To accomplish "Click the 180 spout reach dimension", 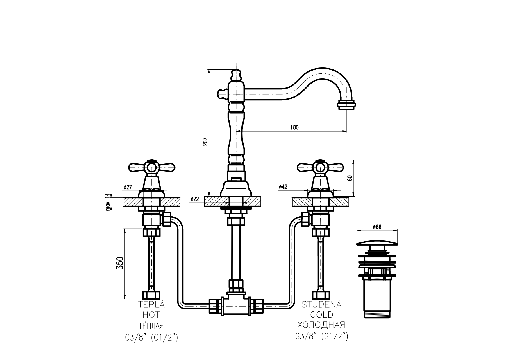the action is click(294, 127).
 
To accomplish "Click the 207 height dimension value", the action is click(205, 141).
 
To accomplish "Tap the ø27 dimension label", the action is click(128, 187).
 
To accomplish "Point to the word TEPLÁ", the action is click(151, 305).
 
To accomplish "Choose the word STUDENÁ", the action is click(321, 305).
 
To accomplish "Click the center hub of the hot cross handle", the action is click(151, 168).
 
